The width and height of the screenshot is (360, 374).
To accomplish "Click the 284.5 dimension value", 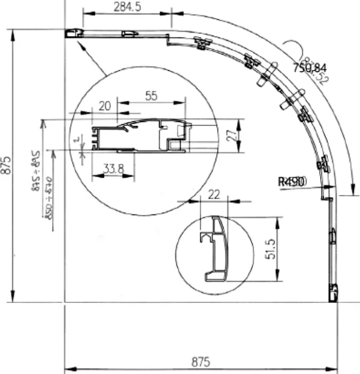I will [x=126, y=7].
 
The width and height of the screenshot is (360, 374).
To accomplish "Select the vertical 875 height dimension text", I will [x=7, y=166].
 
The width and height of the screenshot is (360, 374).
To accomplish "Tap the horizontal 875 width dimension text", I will [x=200, y=362].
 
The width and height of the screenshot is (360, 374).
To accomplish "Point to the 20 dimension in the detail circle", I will [x=105, y=106].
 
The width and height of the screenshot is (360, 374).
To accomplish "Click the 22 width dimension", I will [x=214, y=194].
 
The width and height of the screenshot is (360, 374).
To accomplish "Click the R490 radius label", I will [x=291, y=181].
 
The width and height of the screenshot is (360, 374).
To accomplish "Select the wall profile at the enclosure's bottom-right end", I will [x=333, y=291].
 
